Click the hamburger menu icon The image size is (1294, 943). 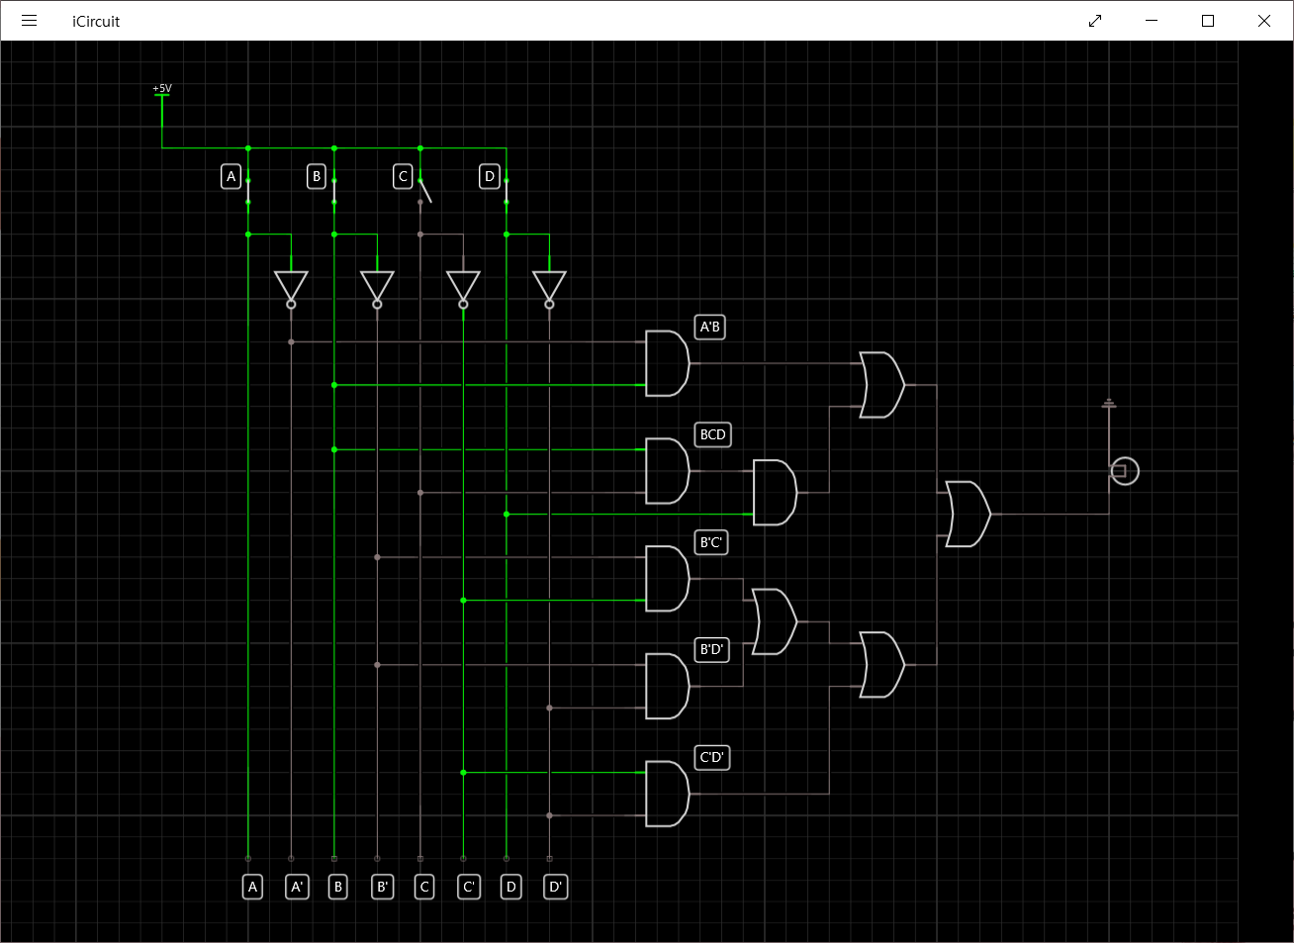click(x=29, y=21)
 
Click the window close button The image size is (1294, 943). click(x=1263, y=21)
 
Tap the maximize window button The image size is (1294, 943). click(x=1207, y=21)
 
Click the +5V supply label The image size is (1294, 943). click(x=162, y=89)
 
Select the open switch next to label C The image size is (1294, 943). click(x=424, y=190)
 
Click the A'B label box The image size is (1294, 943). click(x=710, y=327)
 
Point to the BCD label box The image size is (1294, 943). click(x=712, y=434)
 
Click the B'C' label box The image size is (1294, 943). click(x=711, y=542)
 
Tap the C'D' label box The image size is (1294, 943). click(x=712, y=757)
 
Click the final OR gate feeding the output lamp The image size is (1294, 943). click(x=968, y=515)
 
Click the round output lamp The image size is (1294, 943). click(x=1125, y=471)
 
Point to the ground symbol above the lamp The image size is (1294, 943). click(x=1109, y=404)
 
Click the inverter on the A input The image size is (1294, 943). click(x=291, y=287)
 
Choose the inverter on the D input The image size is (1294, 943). click(x=549, y=287)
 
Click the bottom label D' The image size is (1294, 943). click(x=556, y=887)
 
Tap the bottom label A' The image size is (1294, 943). click(x=298, y=887)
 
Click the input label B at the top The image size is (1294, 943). click(x=317, y=176)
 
